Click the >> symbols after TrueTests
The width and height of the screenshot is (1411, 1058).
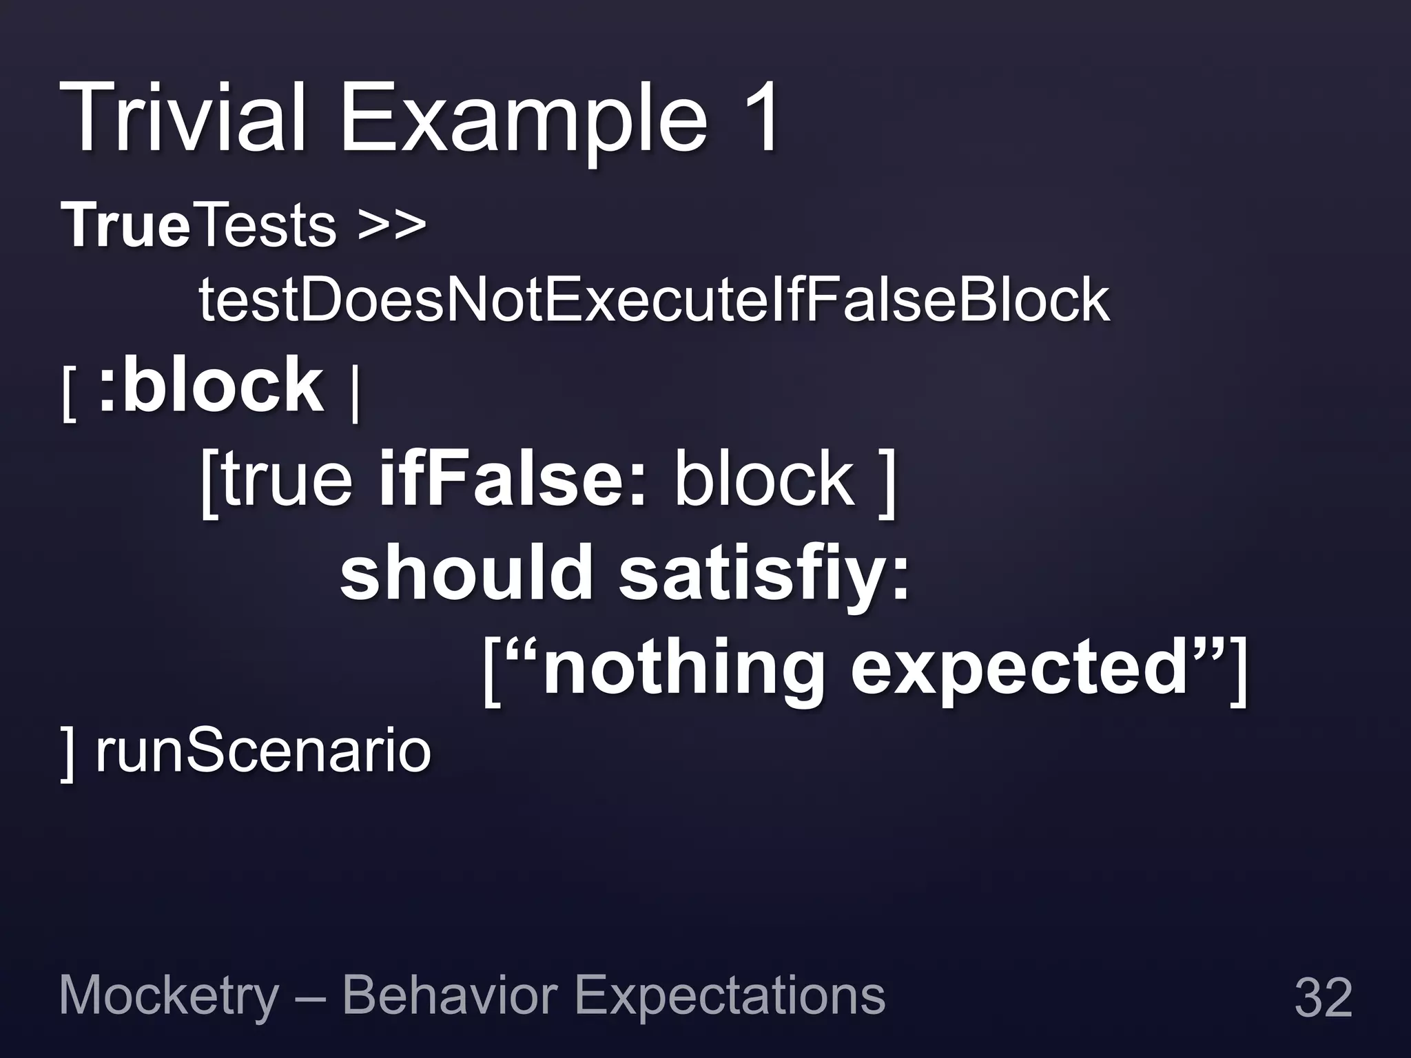coord(391,227)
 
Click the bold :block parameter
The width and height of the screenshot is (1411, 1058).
coord(210,385)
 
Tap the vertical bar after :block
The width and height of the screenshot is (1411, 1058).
coord(354,396)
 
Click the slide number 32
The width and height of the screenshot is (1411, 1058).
coord(1323,997)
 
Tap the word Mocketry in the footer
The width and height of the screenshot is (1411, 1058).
coord(169,996)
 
